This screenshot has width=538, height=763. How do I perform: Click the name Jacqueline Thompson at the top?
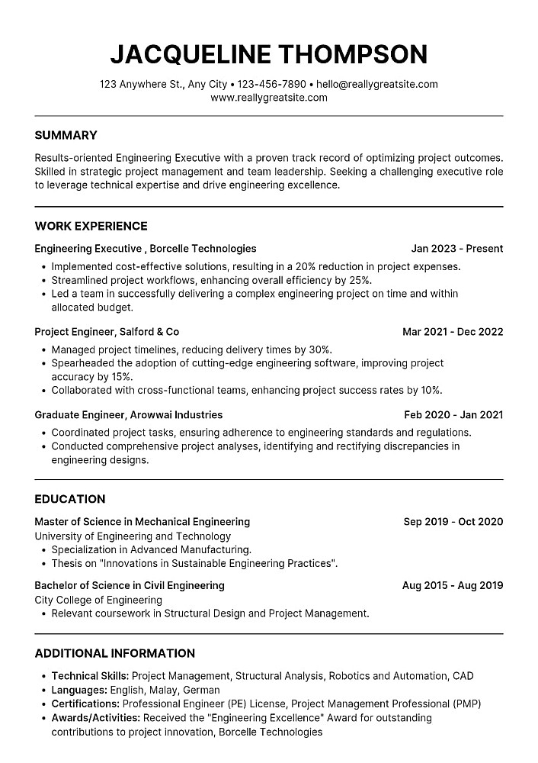click(268, 54)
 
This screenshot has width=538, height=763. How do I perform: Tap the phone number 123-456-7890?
click(271, 84)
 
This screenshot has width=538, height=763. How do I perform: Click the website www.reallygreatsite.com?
click(268, 98)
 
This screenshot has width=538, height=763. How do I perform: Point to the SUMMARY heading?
click(66, 135)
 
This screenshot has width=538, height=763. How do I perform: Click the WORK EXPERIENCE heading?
click(91, 226)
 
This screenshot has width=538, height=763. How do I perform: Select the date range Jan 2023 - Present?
click(457, 249)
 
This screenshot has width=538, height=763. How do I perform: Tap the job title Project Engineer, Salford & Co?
click(107, 332)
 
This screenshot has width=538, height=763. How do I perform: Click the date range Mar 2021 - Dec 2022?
click(453, 332)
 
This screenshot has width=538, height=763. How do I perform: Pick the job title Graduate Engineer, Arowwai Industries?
click(129, 415)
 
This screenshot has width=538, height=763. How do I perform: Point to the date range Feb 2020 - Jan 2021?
click(453, 415)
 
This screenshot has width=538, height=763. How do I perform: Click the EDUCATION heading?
click(70, 499)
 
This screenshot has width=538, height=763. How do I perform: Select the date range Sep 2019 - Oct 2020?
click(453, 522)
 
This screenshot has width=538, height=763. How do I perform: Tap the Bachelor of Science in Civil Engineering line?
click(130, 585)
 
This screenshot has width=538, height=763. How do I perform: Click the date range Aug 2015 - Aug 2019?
click(453, 585)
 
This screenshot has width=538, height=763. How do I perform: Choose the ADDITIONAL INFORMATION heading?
click(115, 653)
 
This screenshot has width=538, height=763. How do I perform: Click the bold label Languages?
click(79, 690)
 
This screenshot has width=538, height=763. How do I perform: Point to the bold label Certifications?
click(85, 703)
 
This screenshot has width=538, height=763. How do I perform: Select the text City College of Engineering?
click(88, 600)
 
